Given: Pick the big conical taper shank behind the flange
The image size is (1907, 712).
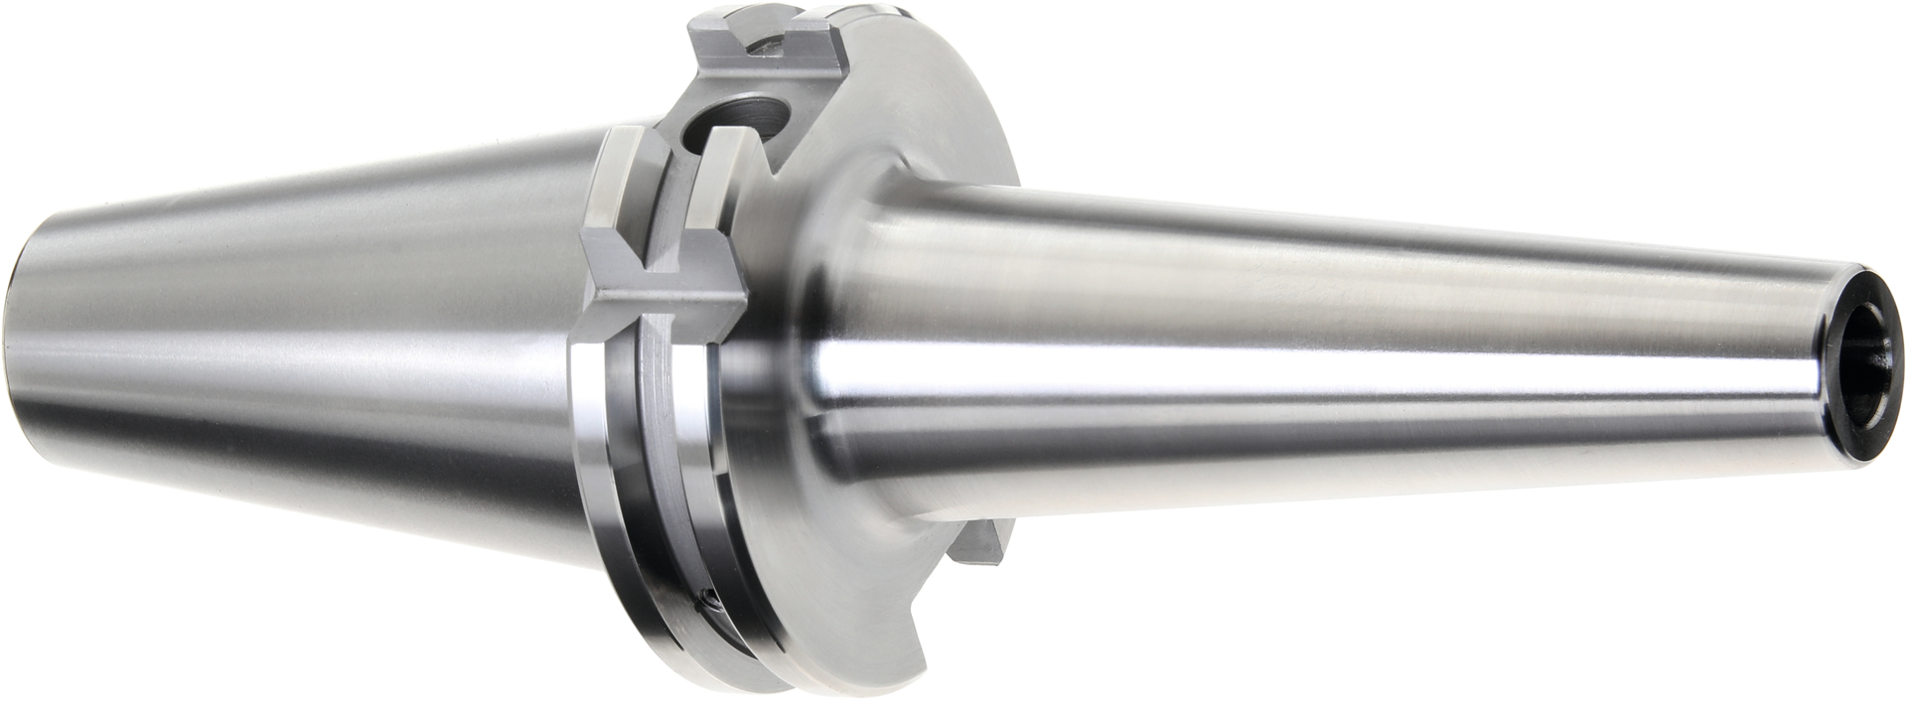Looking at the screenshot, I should pos(298,328).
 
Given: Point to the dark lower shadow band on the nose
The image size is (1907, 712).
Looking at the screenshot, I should pos(1291,467).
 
